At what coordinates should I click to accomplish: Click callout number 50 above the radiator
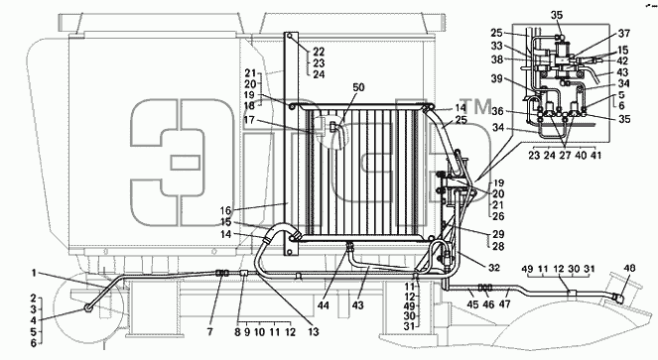pyautogui.click(x=358, y=87)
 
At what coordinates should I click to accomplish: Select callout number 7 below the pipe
pyautogui.click(x=209, y=332)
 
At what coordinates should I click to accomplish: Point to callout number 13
pyautogui.click(x=314, y=332)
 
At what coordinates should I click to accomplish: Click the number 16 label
pyautogui.click(x=225, y=210)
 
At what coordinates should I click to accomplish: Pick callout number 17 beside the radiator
pyautogui.click(x=249, y=120)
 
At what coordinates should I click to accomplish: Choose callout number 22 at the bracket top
pyautogui.click(x=319, y=52)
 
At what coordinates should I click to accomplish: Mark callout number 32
pyautogui.click(x=494, y=268)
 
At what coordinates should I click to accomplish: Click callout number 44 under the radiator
pyautogui.click(x=324, y=305)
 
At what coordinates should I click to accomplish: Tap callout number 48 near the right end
pyautogui.click(x=629, y=268)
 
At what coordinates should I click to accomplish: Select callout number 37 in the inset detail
pyautogui.click(x=624, y=33)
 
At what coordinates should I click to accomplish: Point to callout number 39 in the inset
pyautogui.click(x=497, y=79)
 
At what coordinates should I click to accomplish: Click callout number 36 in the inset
pyautogui.click(x=497, y=111)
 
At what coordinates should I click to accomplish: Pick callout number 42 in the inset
pyautogui.click(x=622, y=60)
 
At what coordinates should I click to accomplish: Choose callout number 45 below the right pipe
pyautogui.click(x=472, y=303)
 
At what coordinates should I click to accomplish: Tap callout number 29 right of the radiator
pyautogui.click(x=498, y=234)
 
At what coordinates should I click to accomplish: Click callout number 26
pyautogui.click(x=498, y=216)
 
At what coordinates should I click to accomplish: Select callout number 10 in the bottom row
pyautogui.click(x=260, y=332)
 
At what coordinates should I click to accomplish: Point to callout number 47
pyautogui.click(x=504, y=303)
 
